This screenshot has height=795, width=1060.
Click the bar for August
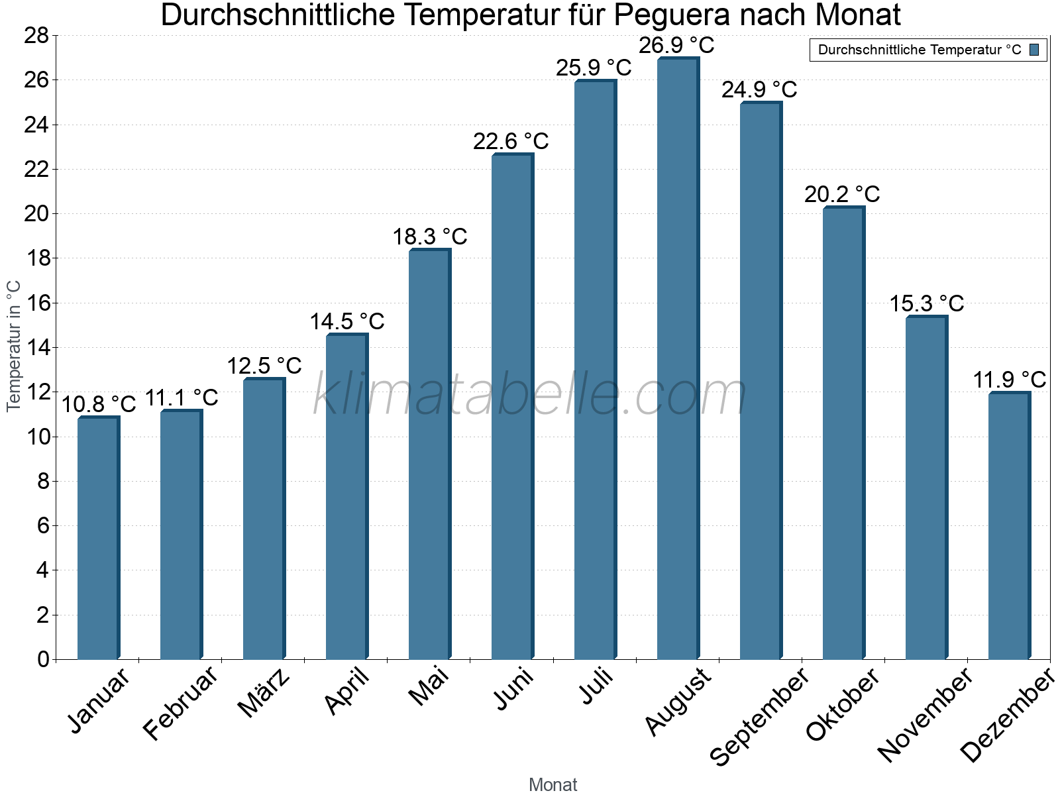coord(678,358)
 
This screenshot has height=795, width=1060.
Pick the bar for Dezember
coord(1009,526)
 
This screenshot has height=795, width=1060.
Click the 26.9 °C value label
coord(676,45)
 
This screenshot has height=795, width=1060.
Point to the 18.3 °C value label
coord(430,237)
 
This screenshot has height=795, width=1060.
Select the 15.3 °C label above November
coord(926,303)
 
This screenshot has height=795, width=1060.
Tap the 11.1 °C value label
coord(181,397)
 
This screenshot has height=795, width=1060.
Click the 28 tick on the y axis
coord(36,35)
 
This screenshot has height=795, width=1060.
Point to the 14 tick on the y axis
coord(36,348)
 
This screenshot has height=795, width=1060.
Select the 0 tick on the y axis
coord(43,659)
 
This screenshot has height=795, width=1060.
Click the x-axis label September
coord(759,716)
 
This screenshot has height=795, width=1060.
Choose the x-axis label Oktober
coord(843,704)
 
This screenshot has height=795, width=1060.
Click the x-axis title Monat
coord(553,784)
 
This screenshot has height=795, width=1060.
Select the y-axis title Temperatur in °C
coord(14,346)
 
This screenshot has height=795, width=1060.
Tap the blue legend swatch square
coord(1034,50)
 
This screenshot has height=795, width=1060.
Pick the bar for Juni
coord(512,407)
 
